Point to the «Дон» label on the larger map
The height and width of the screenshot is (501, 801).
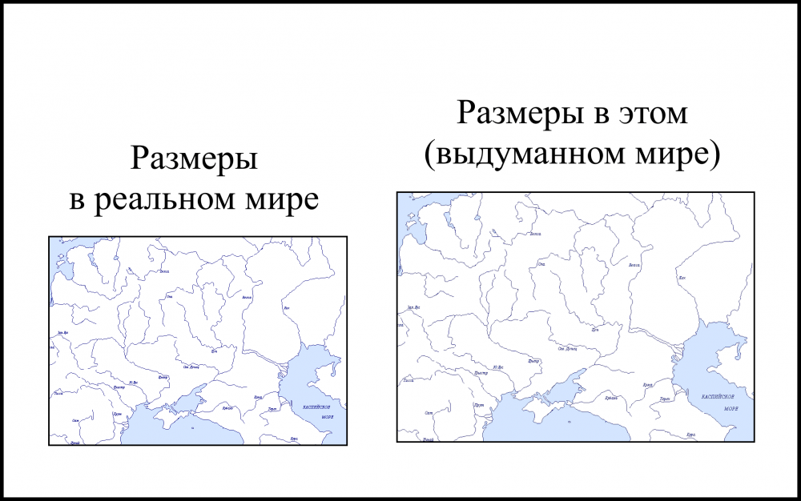click(595, 329)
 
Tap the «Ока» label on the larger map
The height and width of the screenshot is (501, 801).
click(542, 263)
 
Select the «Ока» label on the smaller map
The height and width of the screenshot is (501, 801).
click(169, 298)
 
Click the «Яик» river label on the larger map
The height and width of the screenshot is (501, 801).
click(682, 277)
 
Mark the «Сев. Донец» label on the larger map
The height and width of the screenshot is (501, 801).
click(568, 349)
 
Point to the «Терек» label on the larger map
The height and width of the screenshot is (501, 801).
click(664, 399)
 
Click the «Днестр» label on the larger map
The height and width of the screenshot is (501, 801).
click(481, 374)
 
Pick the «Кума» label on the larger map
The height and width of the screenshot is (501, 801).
click(648, 385)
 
